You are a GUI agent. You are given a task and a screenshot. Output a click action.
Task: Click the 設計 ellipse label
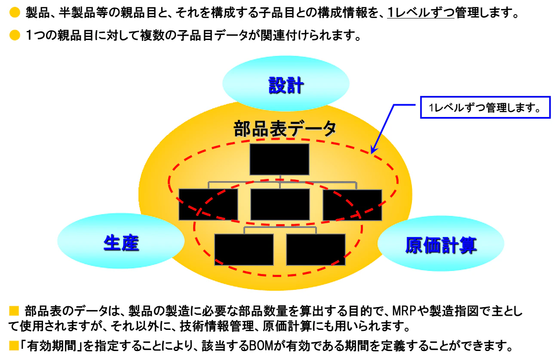point(286,85)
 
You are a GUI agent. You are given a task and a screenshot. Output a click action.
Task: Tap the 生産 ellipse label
point(121,243)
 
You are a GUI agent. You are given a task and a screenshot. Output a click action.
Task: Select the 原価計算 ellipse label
point(441,245)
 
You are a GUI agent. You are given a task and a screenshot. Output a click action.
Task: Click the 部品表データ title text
point(285,129)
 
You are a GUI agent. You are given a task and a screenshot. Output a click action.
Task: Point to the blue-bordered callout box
point(485,108)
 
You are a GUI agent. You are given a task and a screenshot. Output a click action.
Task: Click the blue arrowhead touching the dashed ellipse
point(374,150)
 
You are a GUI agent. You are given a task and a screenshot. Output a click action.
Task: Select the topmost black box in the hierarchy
point(279,159)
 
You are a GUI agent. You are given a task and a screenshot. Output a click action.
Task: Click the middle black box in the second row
point(280,204)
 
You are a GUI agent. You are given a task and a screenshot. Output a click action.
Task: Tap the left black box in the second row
point(208,204)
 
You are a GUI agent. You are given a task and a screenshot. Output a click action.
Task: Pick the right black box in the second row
point(352,205)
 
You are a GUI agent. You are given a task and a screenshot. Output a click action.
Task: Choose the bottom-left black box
point(244,249)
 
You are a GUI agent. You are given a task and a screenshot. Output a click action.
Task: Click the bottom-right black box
point(316,249)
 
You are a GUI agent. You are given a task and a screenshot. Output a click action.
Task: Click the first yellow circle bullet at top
point(15,12)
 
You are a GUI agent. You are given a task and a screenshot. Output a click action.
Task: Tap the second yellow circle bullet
point(15,35)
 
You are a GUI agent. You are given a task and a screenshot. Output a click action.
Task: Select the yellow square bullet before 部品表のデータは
point(14,311)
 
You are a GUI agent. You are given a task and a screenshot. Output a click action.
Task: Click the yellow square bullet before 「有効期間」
point(14,346)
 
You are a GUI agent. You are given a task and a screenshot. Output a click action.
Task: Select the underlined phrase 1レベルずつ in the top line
point(421,12)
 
